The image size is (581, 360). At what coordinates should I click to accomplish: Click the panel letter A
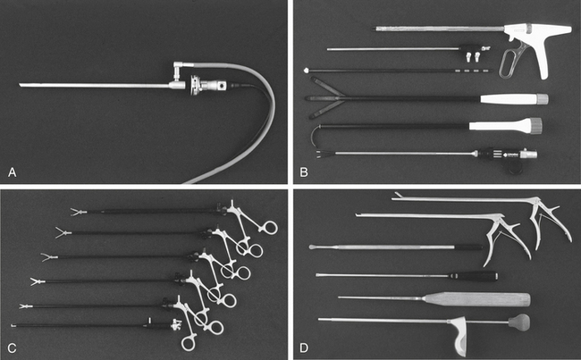[x=13, y=172]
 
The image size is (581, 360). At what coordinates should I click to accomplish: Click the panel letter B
[x=304, y=172]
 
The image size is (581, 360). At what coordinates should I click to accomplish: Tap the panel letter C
[x=12, y=348]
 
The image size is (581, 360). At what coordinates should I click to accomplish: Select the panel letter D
[x=304, y=348]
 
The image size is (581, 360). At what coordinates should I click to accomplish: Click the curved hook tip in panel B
[x=316, y=137]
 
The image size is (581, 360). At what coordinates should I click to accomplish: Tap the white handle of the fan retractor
[x=514, y=99]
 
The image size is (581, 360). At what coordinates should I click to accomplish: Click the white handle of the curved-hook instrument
[x=505, y=125]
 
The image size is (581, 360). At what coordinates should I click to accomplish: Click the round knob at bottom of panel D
[x=519, y=322]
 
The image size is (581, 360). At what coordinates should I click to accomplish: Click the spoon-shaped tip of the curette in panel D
[x=314, y=247]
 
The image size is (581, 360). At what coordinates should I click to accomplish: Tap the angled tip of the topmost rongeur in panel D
[x=397, y=196]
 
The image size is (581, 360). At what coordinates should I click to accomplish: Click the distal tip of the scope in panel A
[x=20, y=85]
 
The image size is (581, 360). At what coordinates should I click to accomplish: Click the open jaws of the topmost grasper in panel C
[x=79, y=213]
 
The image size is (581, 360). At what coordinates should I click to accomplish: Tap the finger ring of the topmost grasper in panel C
[x=269, y=227]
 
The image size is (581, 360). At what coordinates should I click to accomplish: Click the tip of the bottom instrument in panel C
[x=13, y=325]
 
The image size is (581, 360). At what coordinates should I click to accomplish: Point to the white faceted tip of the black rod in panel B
[x=307, y=70]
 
